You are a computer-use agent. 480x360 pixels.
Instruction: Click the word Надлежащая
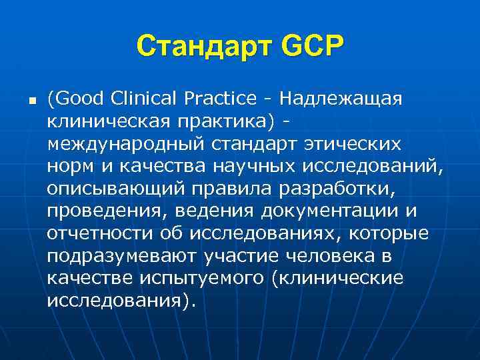341,99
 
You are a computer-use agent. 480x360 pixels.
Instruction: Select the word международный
125,144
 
